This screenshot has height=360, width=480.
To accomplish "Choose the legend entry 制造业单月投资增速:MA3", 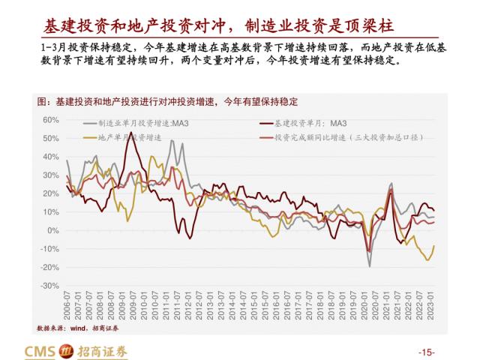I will coord(138,122).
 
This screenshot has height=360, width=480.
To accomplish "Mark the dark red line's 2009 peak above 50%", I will coord(131,133).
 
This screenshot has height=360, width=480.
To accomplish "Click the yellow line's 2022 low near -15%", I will coord(427,259).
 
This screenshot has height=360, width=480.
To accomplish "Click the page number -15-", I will coord(425,352).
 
